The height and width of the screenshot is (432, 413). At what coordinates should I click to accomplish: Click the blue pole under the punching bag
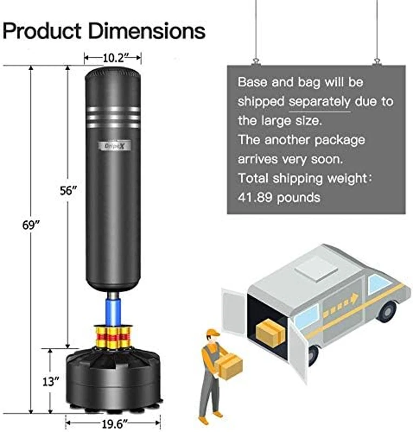tap(114, 310)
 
